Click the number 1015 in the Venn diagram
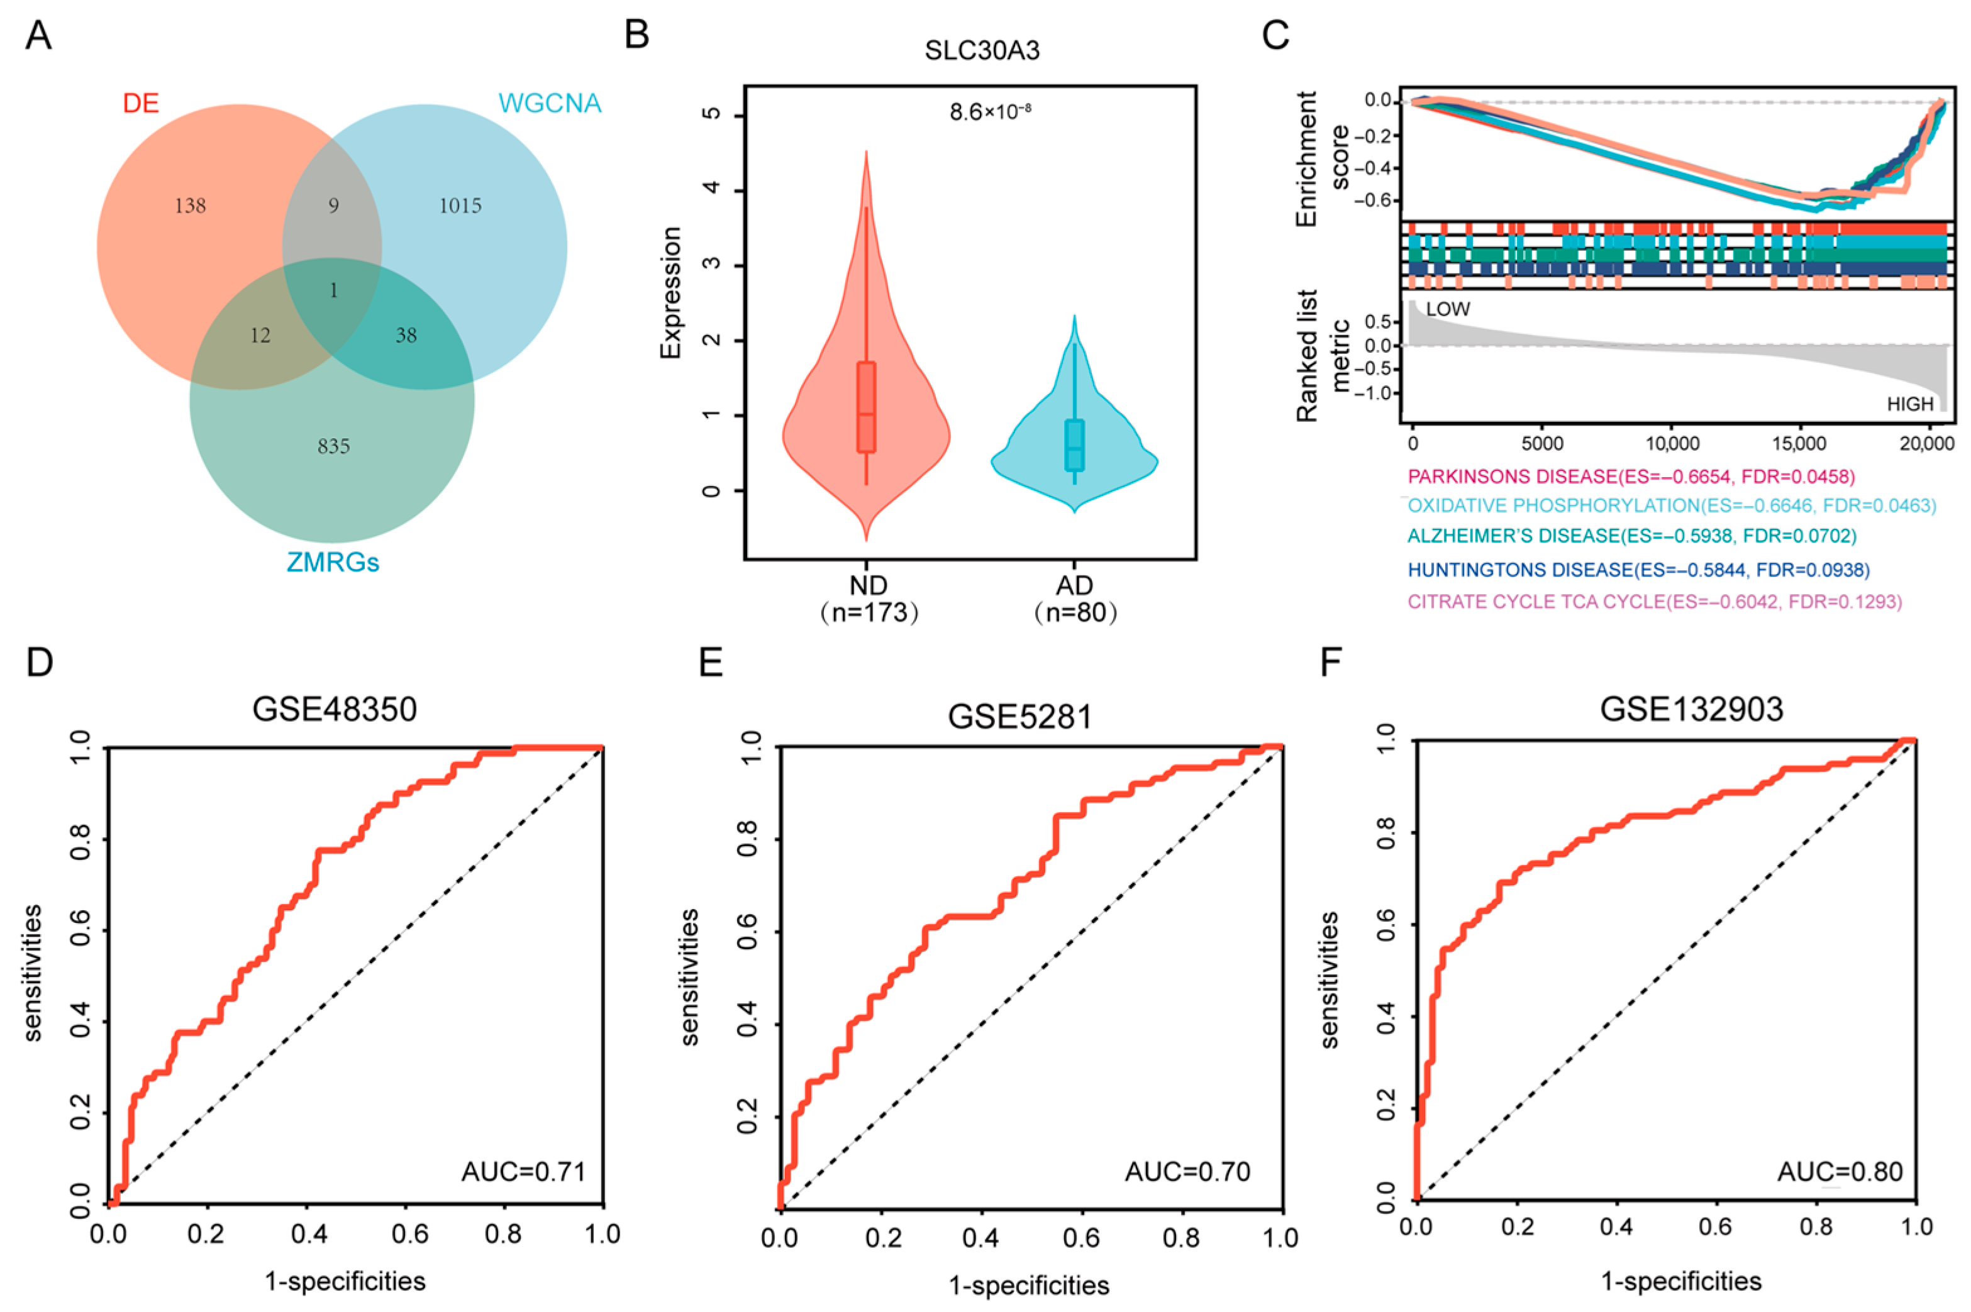pyautogui.click(x=460, y=206)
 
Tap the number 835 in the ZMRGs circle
pyautogui.click(x=333, y=446)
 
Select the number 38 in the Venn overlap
pyautogui.click(x=406, y=336)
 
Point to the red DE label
pyautogui.click(x=141, y=103)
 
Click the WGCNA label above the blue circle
pyautogui.click(x=549, y=103)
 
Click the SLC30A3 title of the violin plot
pyautogui.click(x=982, y=50)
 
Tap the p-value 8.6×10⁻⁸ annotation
pyautogui.click(x=989, y=111)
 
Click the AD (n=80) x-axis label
pyautogui.click(x=1075, y=599)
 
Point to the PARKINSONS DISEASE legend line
pyautogui.click(x=1630, y=477)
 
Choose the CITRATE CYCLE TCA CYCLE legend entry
pyautogui.click(x=1654, y=602)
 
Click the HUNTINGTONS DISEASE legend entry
pyautogui.click(x=1638, y=570)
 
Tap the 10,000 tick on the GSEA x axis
pyautogui.click(x=1672, y=443)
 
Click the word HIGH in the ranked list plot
pyautogui.click(x=1910, y=404)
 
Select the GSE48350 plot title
pyautogui.click(x=334, y=710)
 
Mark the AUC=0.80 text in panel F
pyautogui.click(x=1840, y=1171)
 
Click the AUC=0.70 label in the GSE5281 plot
pyautogui.click(x=1187, y=1171)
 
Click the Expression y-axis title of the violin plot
pyautogui.click(x=671, y=293)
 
